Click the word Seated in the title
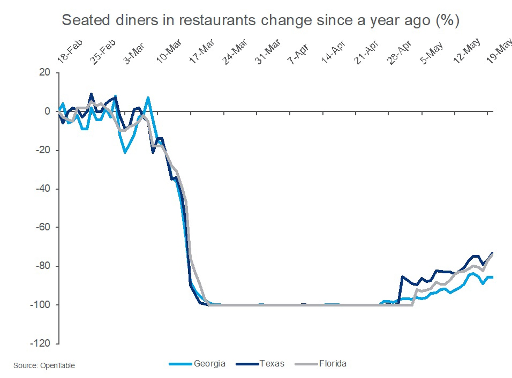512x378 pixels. point(86,20)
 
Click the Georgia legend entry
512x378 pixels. point(209,363)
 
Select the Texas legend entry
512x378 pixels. point(272,363)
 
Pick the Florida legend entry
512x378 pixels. point(333,363)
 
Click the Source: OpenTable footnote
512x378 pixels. point(44,365)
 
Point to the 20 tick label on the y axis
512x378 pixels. point(45,72)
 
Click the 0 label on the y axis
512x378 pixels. point(48,111)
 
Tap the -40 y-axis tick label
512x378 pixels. point(43,188)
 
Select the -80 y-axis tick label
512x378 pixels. point(43,266)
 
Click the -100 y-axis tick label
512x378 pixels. point(40,305)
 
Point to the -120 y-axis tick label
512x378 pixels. point(40,343)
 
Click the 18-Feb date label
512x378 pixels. point(70,51)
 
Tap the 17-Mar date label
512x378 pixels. point(202,51)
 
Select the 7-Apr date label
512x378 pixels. point(298,53)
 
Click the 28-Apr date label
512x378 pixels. point(399,52)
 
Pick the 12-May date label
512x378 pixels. point(466,51)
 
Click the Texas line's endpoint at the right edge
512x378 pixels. point(492,253)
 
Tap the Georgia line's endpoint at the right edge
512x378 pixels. point(492,277)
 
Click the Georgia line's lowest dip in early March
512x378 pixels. point(125,152)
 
